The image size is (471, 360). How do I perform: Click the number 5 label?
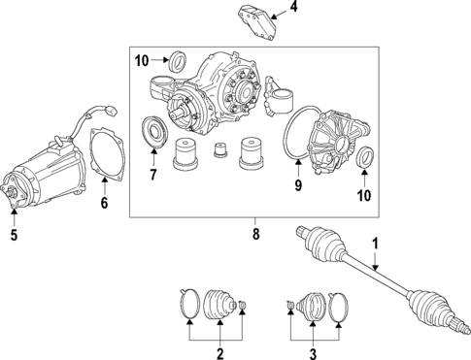[x=15, y=234]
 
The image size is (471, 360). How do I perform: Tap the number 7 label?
[x=152, y=177]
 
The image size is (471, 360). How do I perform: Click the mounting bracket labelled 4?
[x=252, y=22]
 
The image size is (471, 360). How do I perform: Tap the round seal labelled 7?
[x=153, y=133]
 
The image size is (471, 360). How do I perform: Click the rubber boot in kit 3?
[x=316, y=305]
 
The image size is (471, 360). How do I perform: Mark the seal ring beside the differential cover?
[x=364, y=157]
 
